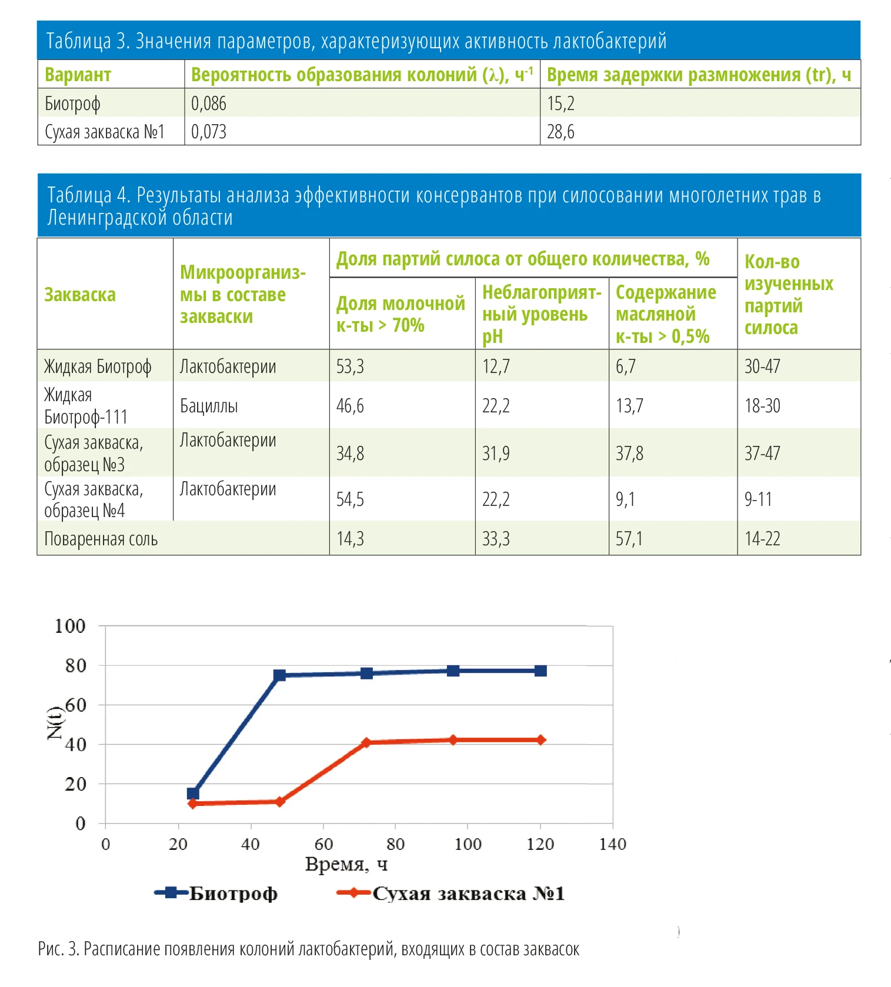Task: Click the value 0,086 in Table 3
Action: (209, 104)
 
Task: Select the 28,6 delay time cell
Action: (560, 132)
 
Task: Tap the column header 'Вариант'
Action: (78, 75)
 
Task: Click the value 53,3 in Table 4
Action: (350, 366)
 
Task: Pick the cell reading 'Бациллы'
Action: (209, 406)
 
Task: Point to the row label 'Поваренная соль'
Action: (101, 539)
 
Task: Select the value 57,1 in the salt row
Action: (629, 539)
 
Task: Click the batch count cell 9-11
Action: (758, 499)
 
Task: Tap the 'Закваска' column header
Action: (80, 295)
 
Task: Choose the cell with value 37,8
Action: (629, 454)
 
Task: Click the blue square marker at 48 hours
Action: (280, 675)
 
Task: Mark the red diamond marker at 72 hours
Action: (366, 742)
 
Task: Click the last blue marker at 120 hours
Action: (540, 671)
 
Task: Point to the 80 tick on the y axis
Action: (75, 665)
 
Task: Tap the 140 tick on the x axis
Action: (612, 844)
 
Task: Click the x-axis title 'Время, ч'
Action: (346, 865)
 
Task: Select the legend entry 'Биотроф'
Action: (216, 893)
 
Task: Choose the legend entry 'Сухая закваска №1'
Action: (450, 893)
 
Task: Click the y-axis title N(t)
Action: (55, 723)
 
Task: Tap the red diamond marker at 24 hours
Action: (193, 803)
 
